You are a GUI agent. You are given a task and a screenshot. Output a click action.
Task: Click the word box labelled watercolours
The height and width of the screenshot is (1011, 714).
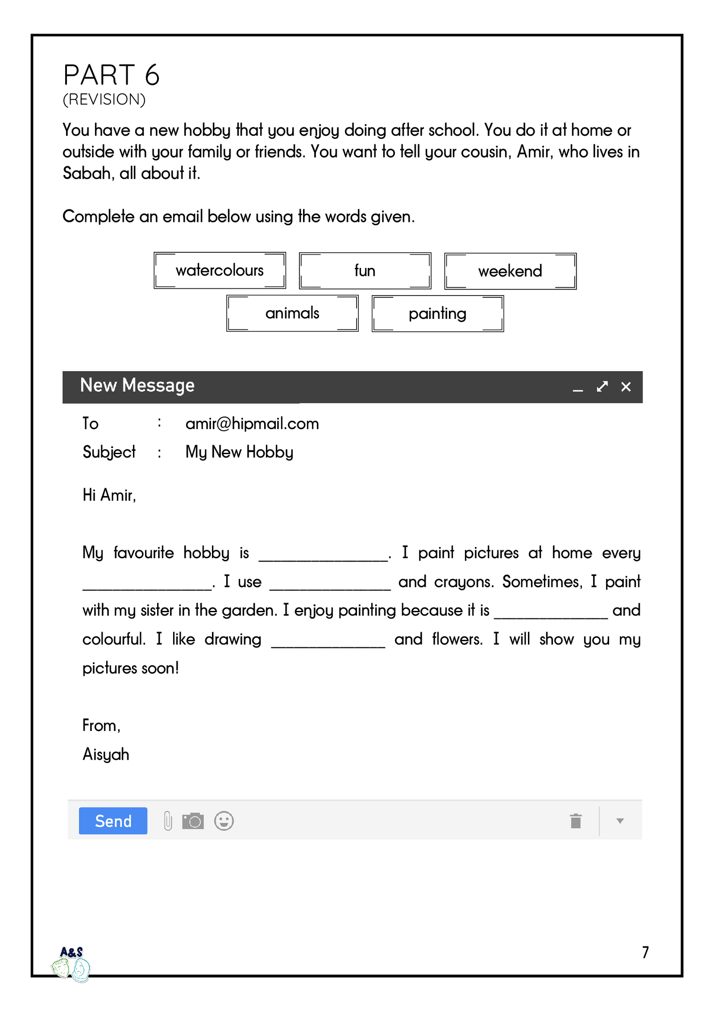coord(220,271)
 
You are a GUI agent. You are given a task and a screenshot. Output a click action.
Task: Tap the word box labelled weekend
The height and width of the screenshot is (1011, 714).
coord(510,271)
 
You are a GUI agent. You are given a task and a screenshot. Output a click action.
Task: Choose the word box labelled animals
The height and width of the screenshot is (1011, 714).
coord(292,313)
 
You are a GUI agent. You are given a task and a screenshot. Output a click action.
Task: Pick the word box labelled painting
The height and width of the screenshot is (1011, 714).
coord(437,313)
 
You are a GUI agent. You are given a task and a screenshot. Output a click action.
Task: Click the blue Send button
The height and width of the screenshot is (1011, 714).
coord(113,821)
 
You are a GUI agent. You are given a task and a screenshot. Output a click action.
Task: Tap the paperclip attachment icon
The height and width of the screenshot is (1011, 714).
coord(168,821)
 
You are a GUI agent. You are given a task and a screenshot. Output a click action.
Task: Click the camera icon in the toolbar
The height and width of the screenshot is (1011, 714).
coord(193,821)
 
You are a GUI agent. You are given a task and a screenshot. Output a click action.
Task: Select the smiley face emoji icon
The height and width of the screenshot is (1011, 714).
coord(224,821)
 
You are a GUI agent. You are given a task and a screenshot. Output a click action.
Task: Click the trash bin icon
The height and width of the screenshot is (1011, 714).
coord(576,821)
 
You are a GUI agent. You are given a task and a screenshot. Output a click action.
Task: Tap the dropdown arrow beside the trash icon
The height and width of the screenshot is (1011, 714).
coord(619,821)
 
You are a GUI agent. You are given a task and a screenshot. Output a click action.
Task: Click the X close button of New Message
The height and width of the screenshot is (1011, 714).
coord(626,387)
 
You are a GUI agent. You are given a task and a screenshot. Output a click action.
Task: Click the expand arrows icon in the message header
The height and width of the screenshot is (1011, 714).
coord(602,387)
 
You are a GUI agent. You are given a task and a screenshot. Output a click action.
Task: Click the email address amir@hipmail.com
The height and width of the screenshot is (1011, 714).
coord(252,423)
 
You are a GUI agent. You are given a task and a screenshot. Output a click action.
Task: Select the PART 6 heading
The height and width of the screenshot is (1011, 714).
coord(112,75)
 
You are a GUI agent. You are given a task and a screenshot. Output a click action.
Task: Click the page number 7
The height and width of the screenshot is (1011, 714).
coord(645,952)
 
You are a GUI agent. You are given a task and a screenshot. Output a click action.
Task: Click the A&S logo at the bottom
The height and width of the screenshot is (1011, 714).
coord(71,964)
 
